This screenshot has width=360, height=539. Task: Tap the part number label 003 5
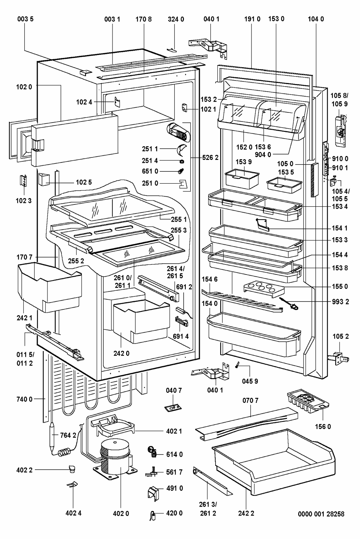(26, 19)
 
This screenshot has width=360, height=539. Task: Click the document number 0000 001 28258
(321, 514)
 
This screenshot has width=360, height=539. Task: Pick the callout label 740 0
(24, 399)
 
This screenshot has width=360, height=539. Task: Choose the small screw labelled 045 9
(238, 365)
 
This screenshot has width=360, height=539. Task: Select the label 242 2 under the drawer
(246, 513)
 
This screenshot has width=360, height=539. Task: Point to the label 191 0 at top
(253, 19)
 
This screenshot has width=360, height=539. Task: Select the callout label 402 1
(174, 431)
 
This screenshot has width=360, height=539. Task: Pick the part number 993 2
(341, 302)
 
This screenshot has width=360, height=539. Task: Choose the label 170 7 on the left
(24, 257)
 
